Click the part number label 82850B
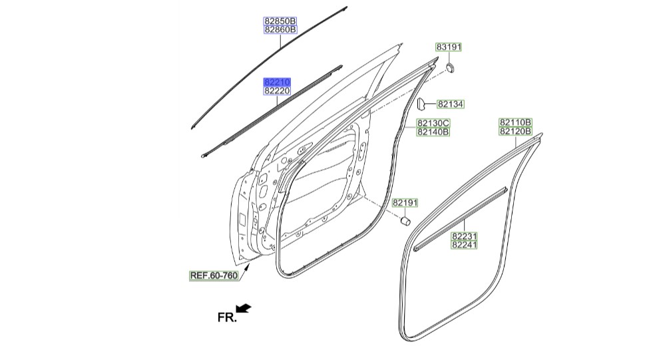280,21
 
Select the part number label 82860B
280,29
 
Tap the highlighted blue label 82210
277,82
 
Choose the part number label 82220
277,90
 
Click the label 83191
449,47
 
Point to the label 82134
450,104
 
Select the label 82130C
433,123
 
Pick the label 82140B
433,132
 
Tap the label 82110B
515,122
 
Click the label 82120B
515,131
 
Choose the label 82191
405,203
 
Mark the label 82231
465,236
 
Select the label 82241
465,245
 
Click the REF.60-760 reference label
214,275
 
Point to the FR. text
227,317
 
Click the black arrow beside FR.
244,308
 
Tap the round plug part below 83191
449,67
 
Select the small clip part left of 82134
421,103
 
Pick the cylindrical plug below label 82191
405,221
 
